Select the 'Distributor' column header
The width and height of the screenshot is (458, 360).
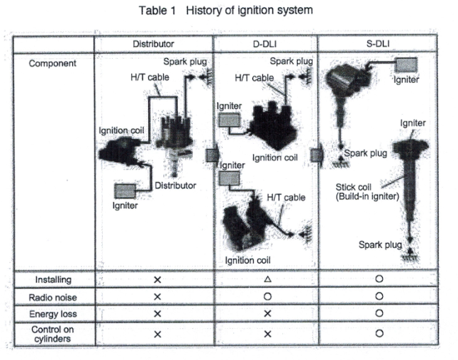pos(154,44)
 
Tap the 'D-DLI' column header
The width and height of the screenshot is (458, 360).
pos(265,44)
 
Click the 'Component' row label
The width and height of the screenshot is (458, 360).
pos(52,63)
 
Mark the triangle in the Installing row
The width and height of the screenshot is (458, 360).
pos(267,280)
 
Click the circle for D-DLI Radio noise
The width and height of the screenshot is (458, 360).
pos(267,297)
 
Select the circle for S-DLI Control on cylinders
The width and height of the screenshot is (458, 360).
pos(379,333)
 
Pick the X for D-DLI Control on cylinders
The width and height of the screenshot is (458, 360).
pos(267,333)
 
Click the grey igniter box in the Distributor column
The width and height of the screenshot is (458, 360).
pos(126,191)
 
